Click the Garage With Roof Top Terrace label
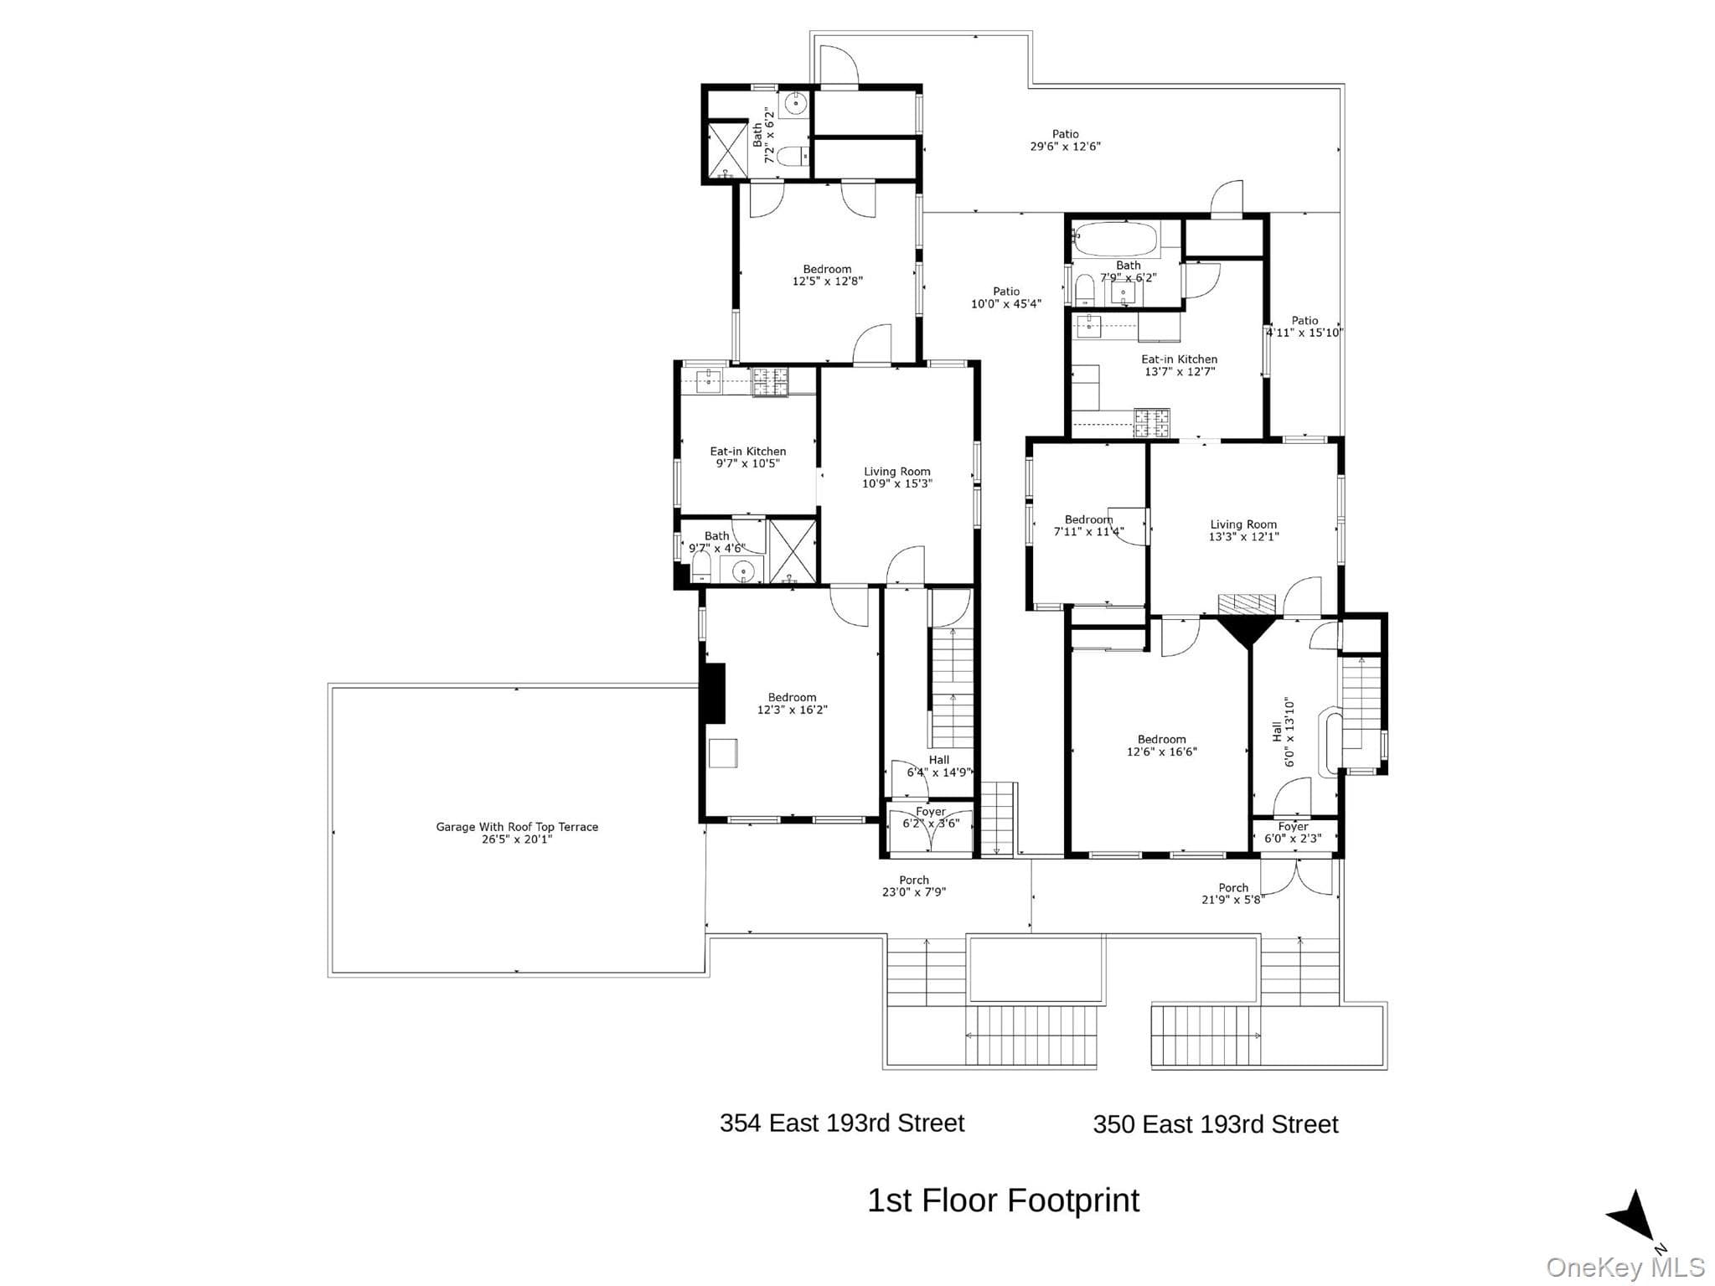pyautogui.click(x=517, y=833)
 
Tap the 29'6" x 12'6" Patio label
pyautogui.click(x=1065, y=140)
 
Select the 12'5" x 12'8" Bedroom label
pyautogui.click(x=827, y=276)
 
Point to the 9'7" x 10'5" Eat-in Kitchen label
pyautogui.click(x=748, y=457)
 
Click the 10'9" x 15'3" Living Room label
pyautogui.click(x=897, y=478)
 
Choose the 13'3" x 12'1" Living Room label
pyautogui.click(x=1243, y=530)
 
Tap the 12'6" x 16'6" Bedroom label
pyautogui.click(x=1161, y=746)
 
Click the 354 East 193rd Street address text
pyautogui.click(x=842, y=1123)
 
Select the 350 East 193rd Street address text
pyautogui.click(x=1216, y=1124)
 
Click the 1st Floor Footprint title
pyautogui.click(x=1003, y=1201)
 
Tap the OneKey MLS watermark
pyautogui.click(x=1625, y=1268)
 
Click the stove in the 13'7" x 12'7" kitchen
pyautogui.click(x=1152, y=422)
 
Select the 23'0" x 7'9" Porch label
pyautogui.click(x=914, y=886)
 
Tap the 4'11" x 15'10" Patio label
pyautogui.click(x=1304, y=327)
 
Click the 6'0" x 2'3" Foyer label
pyautogui.click(x=1294, y=833)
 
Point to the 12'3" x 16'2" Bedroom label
pyautogui.click(x=792, y=704)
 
